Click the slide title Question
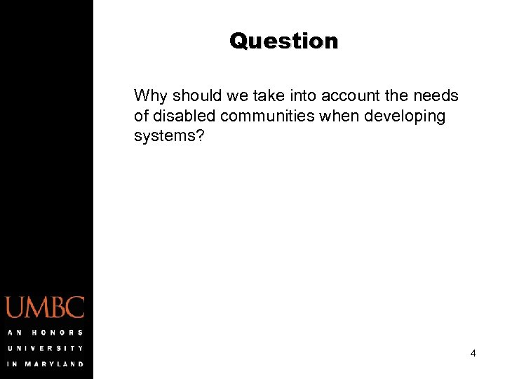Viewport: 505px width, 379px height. pyautogui.click(x=283, y=41)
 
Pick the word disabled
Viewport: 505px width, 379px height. pyautogui.click(x=183, y=116)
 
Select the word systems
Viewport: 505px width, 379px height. pyautogui.click(x=165, y=136)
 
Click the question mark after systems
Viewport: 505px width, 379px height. pyautogui.click(x=201, y=135)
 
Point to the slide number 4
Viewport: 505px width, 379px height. pyautogui.click(x=473, y=354)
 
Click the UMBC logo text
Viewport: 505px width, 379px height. pyautogui.click(x=46, y=308)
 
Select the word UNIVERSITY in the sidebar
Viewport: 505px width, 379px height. pyautogui.click(x=46, y=347)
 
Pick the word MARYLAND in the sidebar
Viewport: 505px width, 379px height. pyautogui.click(x=56, y=364)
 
